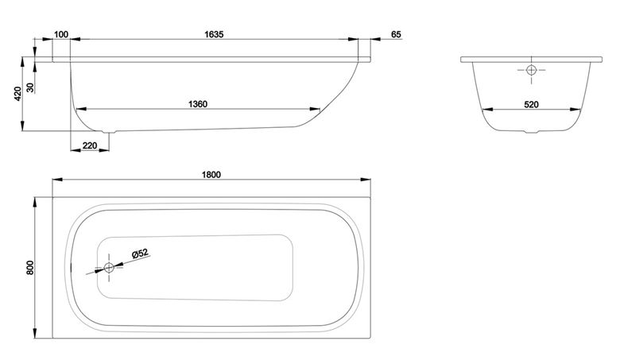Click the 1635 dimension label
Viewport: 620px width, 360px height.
point(214,34)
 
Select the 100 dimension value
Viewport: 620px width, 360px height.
point(61,34)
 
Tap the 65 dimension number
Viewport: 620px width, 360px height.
point(396,34)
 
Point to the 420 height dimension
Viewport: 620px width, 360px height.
point(17,94)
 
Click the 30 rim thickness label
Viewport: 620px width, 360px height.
point(30,87)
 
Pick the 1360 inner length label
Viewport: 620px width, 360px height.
point(198,104)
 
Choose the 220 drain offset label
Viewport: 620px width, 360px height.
point(90,145)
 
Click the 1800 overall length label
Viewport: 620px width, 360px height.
point(211,175)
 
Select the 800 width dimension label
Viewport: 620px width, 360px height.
point(30,268)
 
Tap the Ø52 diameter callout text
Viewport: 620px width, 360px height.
point(140,253)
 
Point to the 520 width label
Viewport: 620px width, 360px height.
point(531,104)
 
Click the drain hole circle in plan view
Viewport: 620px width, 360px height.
point(109,268)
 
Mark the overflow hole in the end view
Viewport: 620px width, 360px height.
point(531,71)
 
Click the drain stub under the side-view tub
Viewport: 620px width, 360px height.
point(108,133)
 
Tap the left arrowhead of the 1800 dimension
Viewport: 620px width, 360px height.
point(58,180)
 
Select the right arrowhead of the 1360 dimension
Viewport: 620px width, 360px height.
point(315,109)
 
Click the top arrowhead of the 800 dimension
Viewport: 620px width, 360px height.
point(35,203)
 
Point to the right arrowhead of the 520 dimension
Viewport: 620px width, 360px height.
point(575,110)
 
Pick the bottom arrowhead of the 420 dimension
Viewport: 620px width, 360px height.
point(23,126)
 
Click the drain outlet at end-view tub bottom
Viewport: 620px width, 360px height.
point(532,132)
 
